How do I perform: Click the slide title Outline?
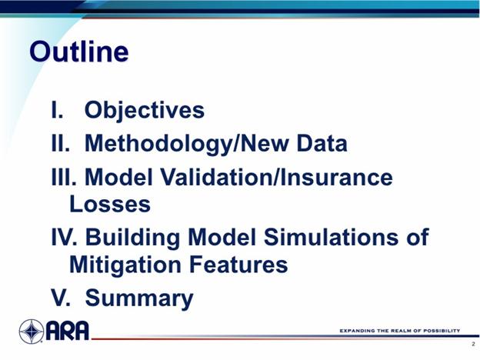[79, 52]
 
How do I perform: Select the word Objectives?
[145, 111]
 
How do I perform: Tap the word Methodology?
[158, 144]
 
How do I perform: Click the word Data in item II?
[322, 143]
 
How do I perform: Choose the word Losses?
[110, 204]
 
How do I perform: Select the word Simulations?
[332, 237]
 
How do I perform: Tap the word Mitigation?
[125, 265]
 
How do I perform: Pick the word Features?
[238, 264]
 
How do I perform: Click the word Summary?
[139, 298]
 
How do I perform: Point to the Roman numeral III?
[64, 177]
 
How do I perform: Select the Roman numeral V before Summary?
[61, 297]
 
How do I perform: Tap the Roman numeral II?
[60, 143]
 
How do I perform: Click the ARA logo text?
[68, 331]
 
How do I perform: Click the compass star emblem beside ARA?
[32, 332]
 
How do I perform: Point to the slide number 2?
[473, 344]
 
